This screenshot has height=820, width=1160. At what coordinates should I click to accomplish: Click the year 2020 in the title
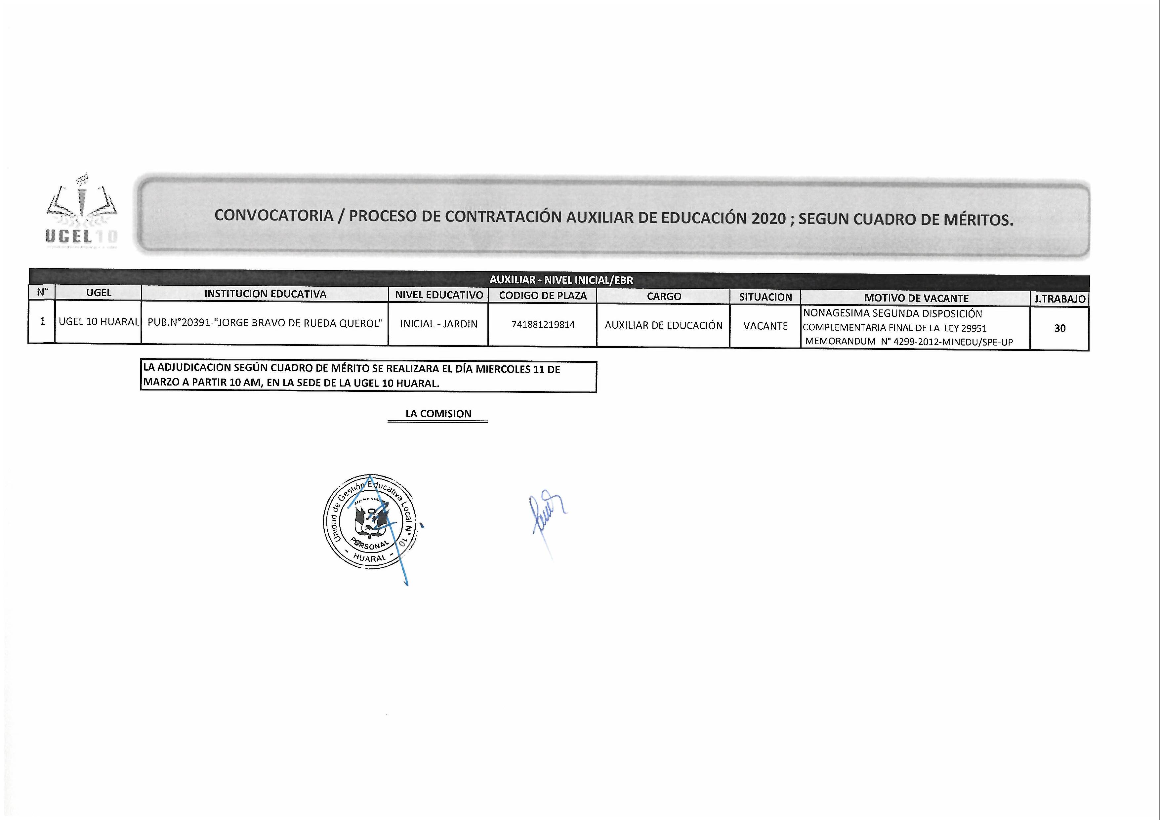tap(768, 218)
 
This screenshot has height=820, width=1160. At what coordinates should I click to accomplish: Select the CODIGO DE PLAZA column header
tap(543, 296)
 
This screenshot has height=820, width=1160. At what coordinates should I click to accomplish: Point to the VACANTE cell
tap(765, 326)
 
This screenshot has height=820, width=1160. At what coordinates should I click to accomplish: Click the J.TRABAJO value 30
tap(1059, 328)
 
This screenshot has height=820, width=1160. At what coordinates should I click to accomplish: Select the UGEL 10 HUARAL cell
tap(99, 322)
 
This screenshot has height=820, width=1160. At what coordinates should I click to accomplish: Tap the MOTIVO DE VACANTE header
tap(916, 299)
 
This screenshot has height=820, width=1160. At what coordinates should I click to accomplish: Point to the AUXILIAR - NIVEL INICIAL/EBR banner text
tap(561, 280)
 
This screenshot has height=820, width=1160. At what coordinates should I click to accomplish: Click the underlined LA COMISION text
tap(438, 414)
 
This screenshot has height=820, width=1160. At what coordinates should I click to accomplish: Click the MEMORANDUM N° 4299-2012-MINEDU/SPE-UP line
tap(908, 342)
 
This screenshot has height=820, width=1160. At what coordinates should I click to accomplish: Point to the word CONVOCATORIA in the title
tap(274, 215)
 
